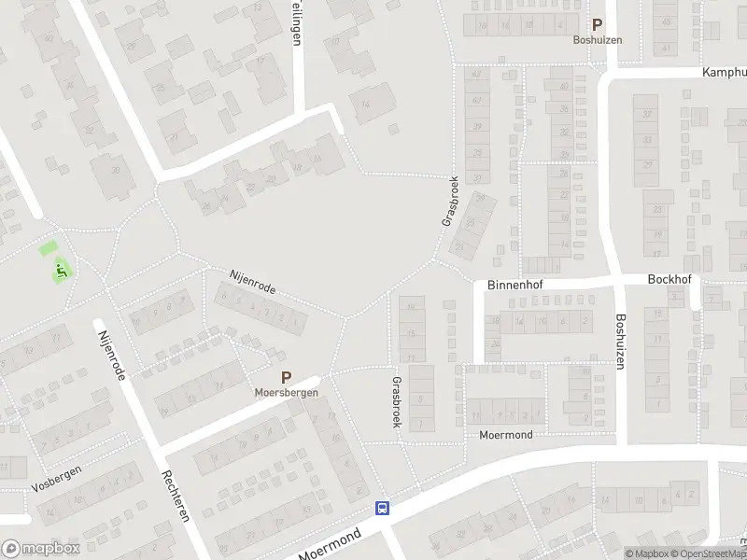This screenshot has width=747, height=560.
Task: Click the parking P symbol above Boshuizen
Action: pyautogui.click(x=597, y=26)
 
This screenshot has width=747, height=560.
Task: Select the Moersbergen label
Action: pyautogui.click(x=287, y=393)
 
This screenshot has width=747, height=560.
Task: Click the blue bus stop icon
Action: pyautogui.click(x=382, y=509)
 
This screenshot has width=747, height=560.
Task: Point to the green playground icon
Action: pyautogui.click(x=62, y=272)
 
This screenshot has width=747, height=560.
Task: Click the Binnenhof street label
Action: pyautogui.click(x=514, y=287)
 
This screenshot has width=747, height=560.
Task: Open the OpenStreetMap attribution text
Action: pyautogui.click(x=707, y=553)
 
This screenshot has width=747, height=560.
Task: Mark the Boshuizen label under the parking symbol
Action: pyautogui.click(x=597, y=40)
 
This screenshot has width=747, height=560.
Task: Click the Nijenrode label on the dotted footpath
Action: pyautogui.click(x=253, y=283)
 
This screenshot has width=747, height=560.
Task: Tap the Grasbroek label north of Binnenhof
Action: pyautogui.click(x=447, y=203)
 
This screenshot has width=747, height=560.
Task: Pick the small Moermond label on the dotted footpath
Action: pyautogui.click(x=505, y=435)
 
